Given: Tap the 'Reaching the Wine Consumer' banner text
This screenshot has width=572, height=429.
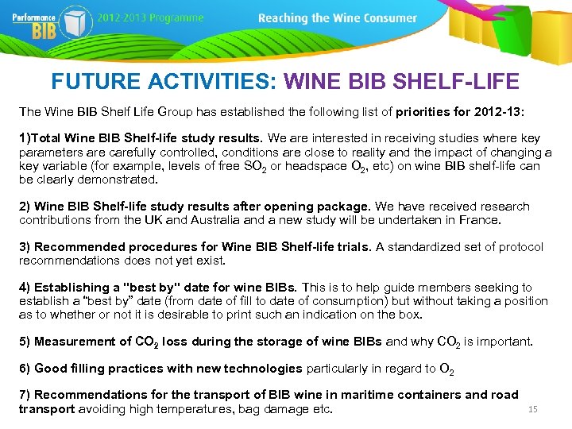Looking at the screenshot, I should tap(338, 17).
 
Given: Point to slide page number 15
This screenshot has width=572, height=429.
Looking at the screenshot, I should tap(533, 409).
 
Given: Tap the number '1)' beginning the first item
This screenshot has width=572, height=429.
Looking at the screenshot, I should tap(25, 138).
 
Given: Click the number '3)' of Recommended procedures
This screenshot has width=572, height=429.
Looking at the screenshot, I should tap(25, 247).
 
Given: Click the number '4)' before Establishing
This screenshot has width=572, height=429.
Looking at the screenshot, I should tap(25, 288).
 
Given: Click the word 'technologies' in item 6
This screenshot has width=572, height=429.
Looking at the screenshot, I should tap(263, 369).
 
